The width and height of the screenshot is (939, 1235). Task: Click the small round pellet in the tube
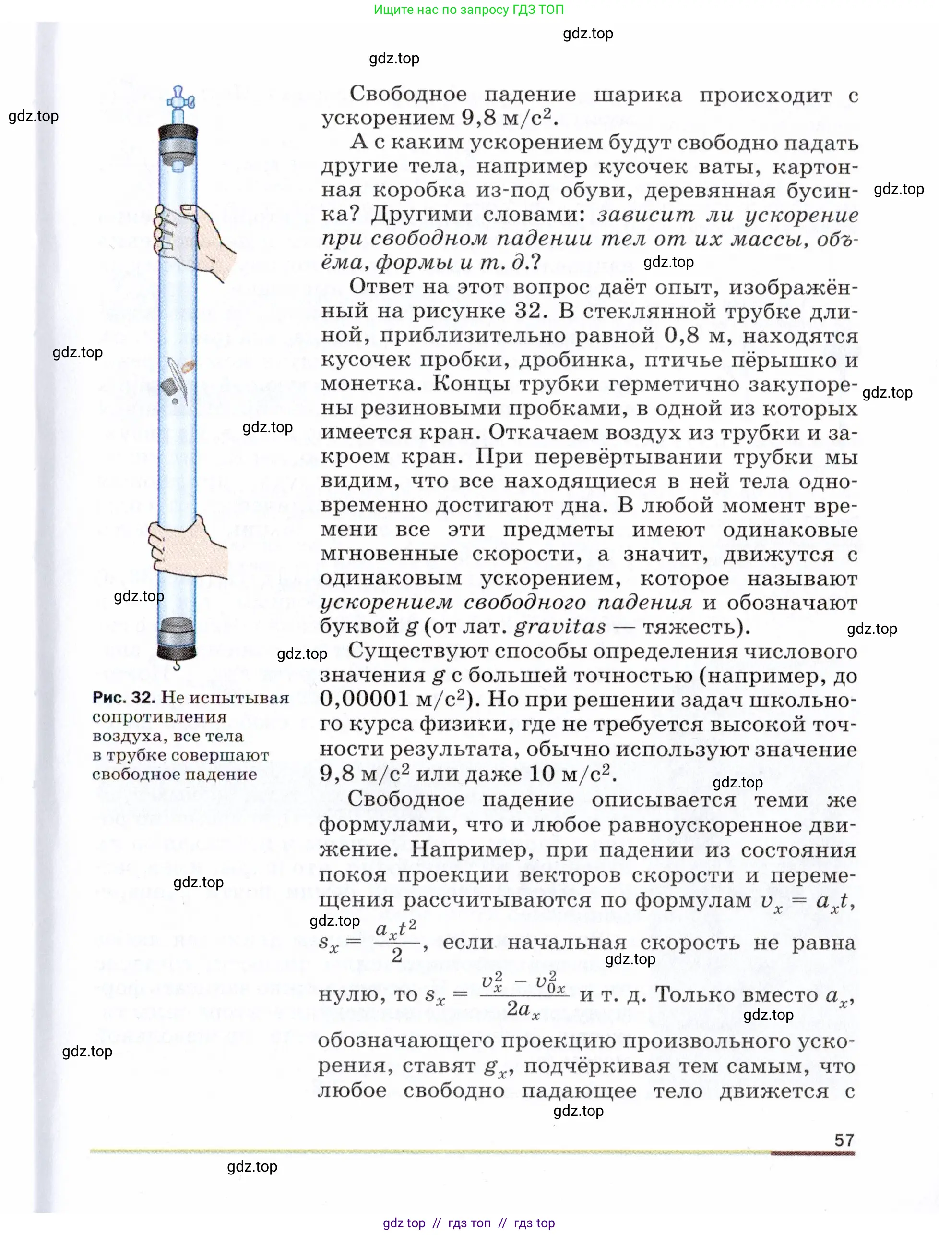[x=175, y=401]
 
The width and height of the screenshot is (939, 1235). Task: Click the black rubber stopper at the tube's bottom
[x=177, y=652]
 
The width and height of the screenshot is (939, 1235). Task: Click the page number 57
[x=844, y=1140]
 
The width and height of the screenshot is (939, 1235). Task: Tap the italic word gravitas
[x=559, y=627]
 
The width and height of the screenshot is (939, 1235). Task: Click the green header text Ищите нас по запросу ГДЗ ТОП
[x=468, y=10]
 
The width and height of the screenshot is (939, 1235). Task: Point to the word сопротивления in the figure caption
[x=159, y=717]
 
